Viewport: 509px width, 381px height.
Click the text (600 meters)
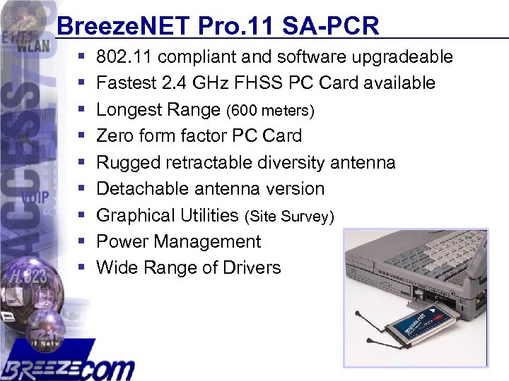click(x=270, y=111)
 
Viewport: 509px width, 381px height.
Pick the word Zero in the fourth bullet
click(x=115, y=135)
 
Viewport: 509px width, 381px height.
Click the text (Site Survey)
click(x=288, y=217)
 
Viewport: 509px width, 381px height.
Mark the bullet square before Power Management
click(x=82, y=242)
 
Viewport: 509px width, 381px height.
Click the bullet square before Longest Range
click(x=82, y=110)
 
